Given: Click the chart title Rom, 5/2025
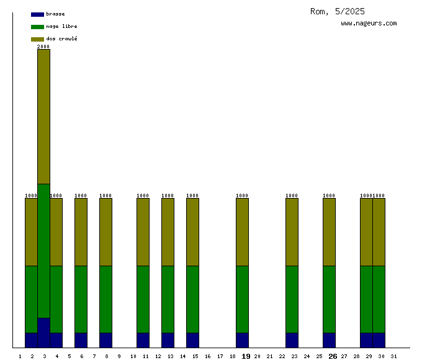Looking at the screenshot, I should pos(338,11).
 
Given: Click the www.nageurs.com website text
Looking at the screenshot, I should pos(369,24).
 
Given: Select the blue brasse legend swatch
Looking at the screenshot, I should pos(37,14).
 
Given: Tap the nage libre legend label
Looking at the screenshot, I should pos(61,27).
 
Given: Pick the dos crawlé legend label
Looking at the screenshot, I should pos(61,39).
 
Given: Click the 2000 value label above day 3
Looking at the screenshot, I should pos(43,47).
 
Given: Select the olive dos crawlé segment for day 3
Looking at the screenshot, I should pos(43,117).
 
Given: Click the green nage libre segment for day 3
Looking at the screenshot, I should pos(43,251).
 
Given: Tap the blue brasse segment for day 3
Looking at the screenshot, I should pos(43,333).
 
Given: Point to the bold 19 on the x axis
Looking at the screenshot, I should pos(246,356).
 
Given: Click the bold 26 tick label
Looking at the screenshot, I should pos(333,356).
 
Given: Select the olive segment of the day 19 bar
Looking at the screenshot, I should pos(242,232).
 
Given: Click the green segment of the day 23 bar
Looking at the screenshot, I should pos(292,299).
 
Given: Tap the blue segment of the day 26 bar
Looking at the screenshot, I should pos(329,340).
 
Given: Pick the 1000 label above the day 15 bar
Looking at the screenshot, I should pos(192,196).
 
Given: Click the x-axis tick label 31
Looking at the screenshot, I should pos(393,356).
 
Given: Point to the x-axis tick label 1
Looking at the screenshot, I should pos(20,356).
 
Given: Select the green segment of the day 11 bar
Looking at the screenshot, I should pos(143,299).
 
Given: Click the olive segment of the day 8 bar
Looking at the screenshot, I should pos(105,232).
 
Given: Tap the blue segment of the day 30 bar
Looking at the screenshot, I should pos(379,340).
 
